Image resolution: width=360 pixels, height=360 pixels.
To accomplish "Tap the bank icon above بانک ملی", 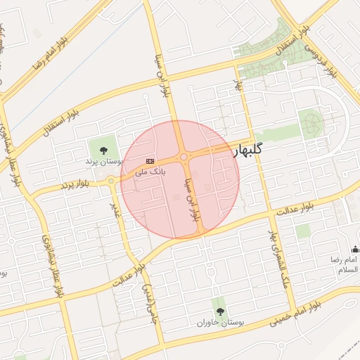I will (150, 161).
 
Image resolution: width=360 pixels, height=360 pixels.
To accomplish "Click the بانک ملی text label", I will (150, 171).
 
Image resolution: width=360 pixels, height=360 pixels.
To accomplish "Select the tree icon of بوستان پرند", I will (104, 150).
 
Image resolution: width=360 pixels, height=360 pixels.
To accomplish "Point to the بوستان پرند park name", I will (104, 162).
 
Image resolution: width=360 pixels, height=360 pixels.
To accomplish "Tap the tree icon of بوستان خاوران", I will (220, 311).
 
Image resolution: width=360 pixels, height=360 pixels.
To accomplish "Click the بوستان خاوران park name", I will (220, 323).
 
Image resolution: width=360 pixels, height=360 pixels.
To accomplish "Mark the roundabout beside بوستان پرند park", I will (111, 181).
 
